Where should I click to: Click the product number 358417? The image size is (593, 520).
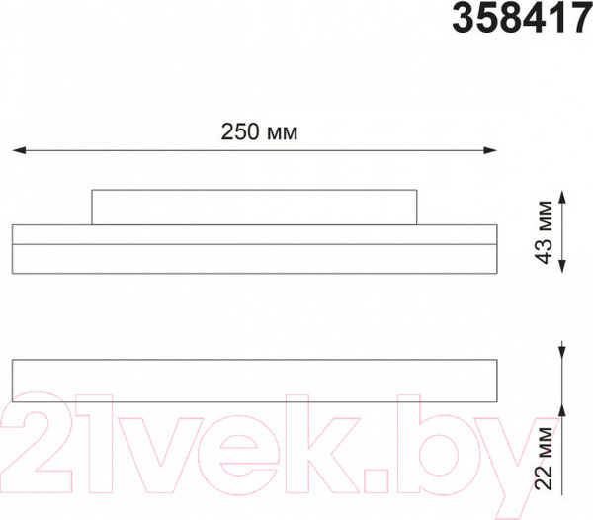522,18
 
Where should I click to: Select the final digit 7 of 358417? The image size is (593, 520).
580,18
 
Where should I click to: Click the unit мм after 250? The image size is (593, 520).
284,132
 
